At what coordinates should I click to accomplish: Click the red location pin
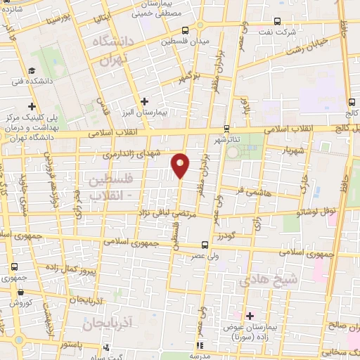click(x=181, y=165)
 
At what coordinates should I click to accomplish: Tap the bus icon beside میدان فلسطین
click(x=185, y=30)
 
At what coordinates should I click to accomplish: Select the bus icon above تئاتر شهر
click(x=226, y=129)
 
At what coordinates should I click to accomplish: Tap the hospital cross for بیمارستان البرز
click(x=145, y=101)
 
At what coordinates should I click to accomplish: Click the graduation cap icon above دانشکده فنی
click(x=32, y=70)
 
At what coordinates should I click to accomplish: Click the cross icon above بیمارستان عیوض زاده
click(x=249, y=315)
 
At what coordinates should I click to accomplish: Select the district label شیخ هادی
click(x=263, y=280)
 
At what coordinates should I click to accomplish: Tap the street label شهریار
click(x=291, y=149)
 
